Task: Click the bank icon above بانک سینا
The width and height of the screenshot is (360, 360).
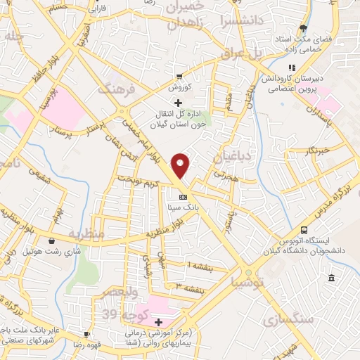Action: pyautogui.click(x=184, y=197)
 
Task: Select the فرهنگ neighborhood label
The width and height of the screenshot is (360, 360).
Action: pyautogui.click(x=115, y=89)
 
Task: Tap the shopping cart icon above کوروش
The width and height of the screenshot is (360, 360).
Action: pyautogui.click(x=179, y=76)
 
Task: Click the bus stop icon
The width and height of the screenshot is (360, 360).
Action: pyautogui.click(x=304, y=230)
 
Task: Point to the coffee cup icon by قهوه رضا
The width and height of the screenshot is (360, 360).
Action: pyautogui.click(x=86, y=334)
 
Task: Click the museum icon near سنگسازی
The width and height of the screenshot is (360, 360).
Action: pyautogui.click(x=331, y=279)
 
